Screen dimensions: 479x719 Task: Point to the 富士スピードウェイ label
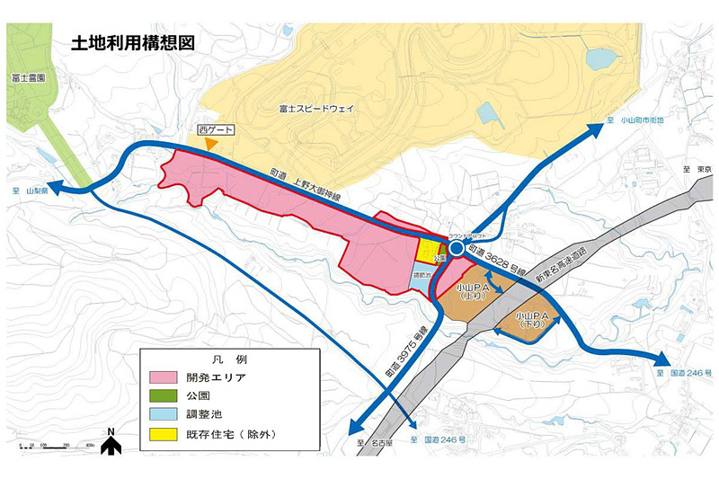(x=316, y=109)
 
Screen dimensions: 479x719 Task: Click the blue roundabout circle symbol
(x=457, y=247)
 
